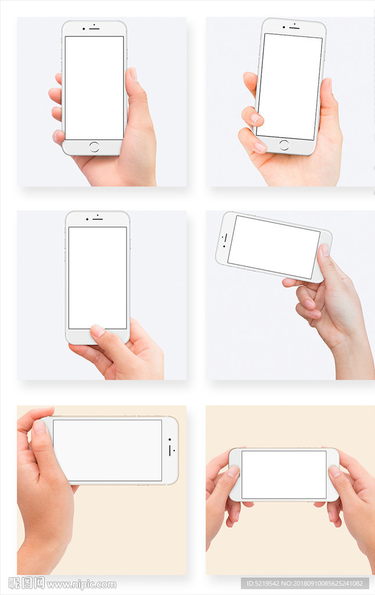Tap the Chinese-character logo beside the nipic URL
point(27,583)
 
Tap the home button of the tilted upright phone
point(284,145)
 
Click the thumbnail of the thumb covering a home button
point(98,331)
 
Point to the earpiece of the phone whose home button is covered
point(98,219)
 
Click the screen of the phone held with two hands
point(284,475)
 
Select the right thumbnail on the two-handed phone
point(334,471)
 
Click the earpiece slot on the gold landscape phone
point(170,450)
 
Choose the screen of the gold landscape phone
point(107,450)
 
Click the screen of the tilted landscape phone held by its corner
point(274,247)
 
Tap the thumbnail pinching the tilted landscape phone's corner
point(324,250)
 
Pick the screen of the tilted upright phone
point(290,87)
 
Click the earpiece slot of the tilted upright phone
point(294,28)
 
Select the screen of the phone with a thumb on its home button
point(98,278)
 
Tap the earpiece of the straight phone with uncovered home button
point(95,29)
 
